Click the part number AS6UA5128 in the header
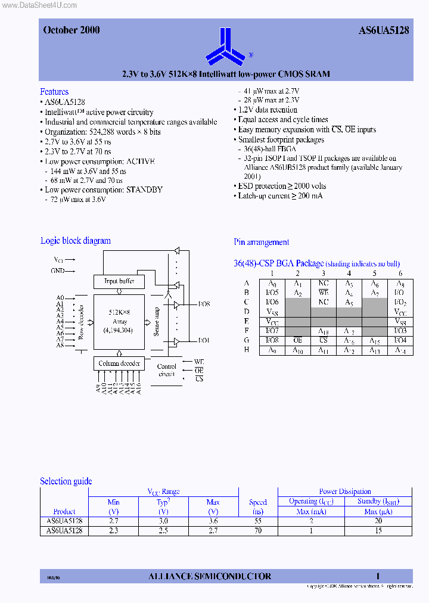click(x=384, y=30)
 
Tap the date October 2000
click(x=71, y=30)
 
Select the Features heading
click(x=54, y=92)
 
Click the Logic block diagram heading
click(x=76, y=241)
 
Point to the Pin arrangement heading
click(x=262, y=243)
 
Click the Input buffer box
click(x=119, y=281)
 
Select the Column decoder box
click(x=119, y=363)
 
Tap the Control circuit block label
click(x=167, y=370)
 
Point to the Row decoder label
click(x=82, y=322)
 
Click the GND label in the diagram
click(x=58, y=271)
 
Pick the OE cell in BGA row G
click(x=297, y=341)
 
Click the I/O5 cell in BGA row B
click(x=272, y=293)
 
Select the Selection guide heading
click(x=66, y=481)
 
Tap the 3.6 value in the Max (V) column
click(x=213, y=521)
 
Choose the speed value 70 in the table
click(x=258, y=530)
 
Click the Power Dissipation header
click(x=345, y=492)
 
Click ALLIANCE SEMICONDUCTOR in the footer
click(x=209, y=576)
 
